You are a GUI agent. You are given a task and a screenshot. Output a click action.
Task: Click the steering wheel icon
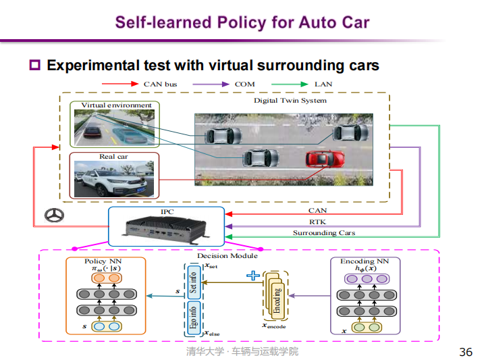pyautogui.click(x=53, y=215)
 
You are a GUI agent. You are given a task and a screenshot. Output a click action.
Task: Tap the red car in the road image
pyautogui.click(x=325, y=159)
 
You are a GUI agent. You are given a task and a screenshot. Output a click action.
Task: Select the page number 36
pyautogui.click(x=465, y=352)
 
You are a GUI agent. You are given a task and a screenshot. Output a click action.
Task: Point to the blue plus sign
pyautogui.click(x=254, y=275)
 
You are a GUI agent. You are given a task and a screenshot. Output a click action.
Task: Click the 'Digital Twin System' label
pyautogui.click(x=290, y=101)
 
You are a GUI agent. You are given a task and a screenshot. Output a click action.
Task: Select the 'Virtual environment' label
pyautogui.click(x=116, y=105)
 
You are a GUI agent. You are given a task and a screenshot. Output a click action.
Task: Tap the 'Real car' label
pyautogui.click(x=113, y=157)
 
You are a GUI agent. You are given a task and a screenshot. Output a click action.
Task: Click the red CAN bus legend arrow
pyautogui.click(x=120, y=84)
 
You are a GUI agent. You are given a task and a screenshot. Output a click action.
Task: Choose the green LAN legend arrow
pyautogui.click(x=289, y=84)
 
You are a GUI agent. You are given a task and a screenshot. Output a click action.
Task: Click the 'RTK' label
pyautogui.click(x=317, y=222)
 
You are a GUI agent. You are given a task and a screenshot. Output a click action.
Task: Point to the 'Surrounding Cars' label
pyautogui.click(x=323, y=233)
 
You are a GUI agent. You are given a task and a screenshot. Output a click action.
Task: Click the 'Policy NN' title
pyautogui.click(x=105, y=261)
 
